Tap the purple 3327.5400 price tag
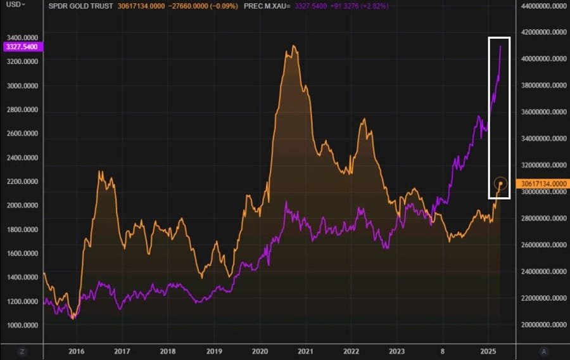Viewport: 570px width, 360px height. pos(22,47)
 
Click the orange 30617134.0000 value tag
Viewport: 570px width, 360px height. pos(543,184)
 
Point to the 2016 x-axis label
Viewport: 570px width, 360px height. pos(76,350)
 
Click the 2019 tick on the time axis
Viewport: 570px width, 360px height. pos(214,350)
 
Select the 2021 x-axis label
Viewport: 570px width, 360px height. pos(306,350)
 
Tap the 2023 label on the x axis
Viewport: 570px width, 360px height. pos(397,350)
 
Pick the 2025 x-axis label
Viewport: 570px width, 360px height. pos(488,350)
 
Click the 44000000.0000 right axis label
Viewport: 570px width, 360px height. pos(543,6)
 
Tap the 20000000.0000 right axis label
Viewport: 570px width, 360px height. pos(543,325)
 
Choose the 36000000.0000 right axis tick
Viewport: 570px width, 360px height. pos(543,112)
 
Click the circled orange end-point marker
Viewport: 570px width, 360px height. pos(500,184)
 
